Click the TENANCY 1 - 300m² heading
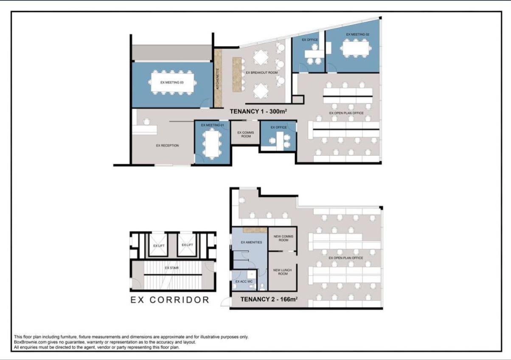(x=258, y=111)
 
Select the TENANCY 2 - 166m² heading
(x=269, y=299)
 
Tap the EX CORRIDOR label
(x=170, y=300)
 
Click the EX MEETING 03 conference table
(x=172, y=82)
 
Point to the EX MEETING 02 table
(x=356, y=48)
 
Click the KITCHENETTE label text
(x=218, y=79)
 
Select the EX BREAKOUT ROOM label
(x=262, y=73)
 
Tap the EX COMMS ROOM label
(x=245, y=135)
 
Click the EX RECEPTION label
(x=168, y=145)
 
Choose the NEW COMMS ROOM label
(x=284, y=238)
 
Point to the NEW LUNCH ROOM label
(x=282, y=272)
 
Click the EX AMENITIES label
(x=251, y=242)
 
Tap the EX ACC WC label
(x=244, y=281)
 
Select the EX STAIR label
(x=172, y=267)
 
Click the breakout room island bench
(x=237, y=74)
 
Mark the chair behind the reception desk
(x=146, y=121)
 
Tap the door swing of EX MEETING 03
(x=205, y=103)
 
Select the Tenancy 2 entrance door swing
(x=226, y=302)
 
